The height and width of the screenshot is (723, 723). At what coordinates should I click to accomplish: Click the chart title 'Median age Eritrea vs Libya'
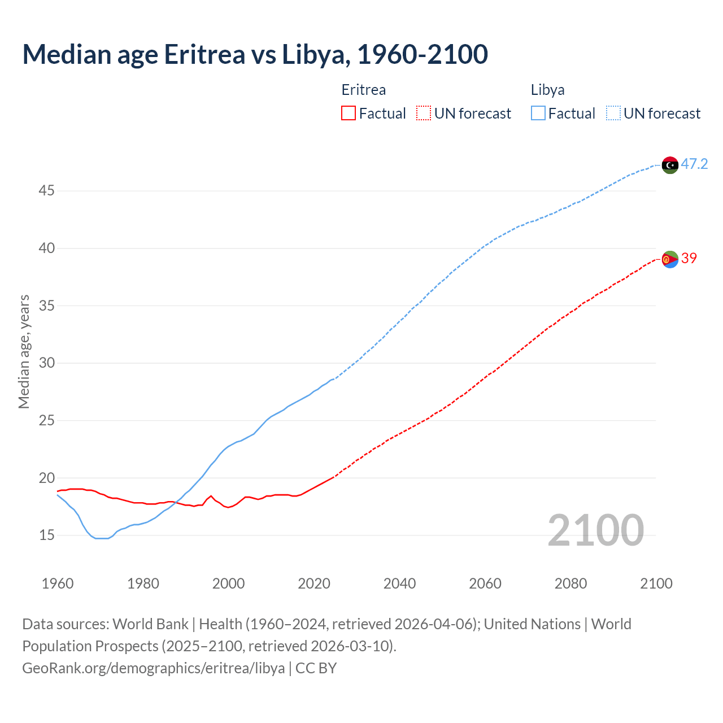[255, 55]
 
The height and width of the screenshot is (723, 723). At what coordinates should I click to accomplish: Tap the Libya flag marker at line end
[670, 165]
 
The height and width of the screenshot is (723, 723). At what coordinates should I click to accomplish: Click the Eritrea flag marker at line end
[670, 259]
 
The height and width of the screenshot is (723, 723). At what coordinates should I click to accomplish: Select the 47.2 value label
[694, 164]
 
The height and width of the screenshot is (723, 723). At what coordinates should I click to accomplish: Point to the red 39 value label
[689, 258]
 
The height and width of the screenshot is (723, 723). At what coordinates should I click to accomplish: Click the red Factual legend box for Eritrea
[349, 114]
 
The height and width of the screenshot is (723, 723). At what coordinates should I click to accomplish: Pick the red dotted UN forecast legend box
[424, 114]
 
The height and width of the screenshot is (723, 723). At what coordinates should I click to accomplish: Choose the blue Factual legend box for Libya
[538, 114]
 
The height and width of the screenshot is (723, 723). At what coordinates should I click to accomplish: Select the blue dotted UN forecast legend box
[613, 114]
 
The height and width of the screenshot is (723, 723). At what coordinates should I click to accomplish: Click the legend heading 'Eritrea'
[364, 90]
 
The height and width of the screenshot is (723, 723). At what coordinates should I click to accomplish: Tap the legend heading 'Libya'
[547, 90]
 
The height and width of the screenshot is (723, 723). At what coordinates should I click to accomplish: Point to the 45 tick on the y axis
[46, 191]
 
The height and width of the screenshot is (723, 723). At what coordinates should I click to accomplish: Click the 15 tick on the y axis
[46, 535]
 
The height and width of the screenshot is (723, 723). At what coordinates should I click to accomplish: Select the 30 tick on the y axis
[46, 363]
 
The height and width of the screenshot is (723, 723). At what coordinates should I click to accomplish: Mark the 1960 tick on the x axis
[58, 583]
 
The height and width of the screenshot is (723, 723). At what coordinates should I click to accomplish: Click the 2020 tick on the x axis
[314, 583]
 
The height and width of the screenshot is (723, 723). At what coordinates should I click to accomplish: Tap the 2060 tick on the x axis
[485, 583]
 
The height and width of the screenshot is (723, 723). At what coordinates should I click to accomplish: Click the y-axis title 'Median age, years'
[24, 351]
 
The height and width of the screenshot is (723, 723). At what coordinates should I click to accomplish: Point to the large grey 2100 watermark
[595, 530]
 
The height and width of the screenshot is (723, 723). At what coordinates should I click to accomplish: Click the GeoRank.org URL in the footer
[153, 668]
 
